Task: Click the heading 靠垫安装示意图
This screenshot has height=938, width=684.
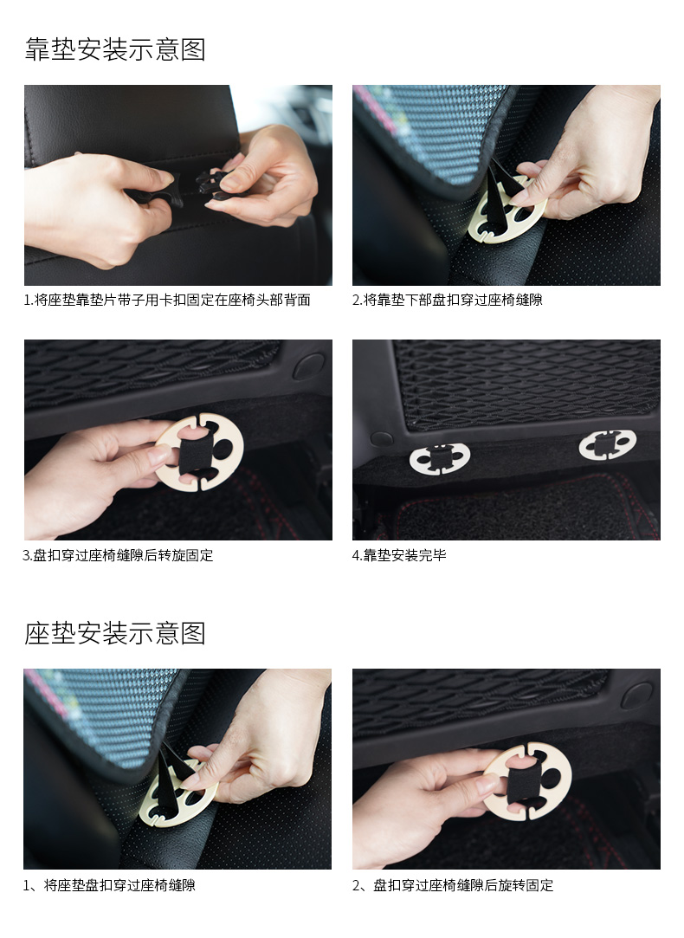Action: click(115, 49)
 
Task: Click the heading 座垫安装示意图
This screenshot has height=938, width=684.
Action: click(115, 633)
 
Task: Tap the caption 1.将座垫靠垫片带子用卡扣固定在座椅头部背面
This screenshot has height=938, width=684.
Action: click(167, 300)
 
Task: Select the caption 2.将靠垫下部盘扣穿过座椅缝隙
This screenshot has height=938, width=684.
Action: click(448, 300)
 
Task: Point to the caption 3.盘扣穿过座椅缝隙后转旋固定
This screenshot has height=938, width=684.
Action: click(118, 555)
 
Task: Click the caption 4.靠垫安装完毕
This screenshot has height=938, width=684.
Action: click(399, 555)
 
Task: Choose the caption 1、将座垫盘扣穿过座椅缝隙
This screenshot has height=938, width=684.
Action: click(109, 885)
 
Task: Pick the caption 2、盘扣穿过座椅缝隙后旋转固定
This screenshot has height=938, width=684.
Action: click(453, 885)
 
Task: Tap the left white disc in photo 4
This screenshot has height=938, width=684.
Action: click(440, 459)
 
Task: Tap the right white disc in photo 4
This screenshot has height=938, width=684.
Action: click(608, 444)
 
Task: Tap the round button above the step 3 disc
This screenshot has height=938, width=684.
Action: click(308, 366)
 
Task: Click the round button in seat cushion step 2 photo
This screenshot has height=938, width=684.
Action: click(636, 695)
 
